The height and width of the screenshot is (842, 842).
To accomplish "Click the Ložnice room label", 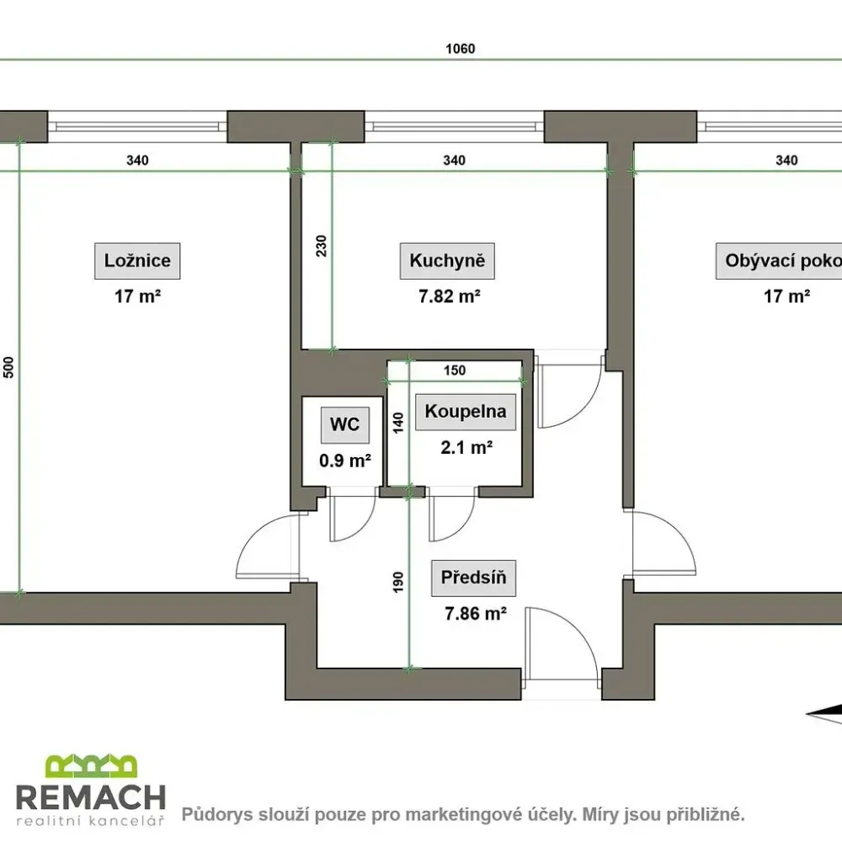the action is click(137, 261).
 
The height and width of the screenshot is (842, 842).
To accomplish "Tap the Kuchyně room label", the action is click(447, 261).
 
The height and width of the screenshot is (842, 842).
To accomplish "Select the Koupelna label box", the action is click(466, 412).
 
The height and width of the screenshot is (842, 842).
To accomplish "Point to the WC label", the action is click(344, 424).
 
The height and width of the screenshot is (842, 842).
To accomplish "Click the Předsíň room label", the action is click(473, 578).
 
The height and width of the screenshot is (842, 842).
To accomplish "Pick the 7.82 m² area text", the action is click(450, 296).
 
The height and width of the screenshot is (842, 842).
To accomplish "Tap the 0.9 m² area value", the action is click(345, 461).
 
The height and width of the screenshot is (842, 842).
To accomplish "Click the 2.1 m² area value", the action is click(466, 447).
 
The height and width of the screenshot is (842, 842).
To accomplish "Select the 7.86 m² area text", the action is click(476, 614).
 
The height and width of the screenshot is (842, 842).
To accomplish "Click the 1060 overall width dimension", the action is click(461, 49).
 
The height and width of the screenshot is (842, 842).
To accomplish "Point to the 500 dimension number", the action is click(8, 367).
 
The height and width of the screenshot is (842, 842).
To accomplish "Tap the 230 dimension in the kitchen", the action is click(321, 246).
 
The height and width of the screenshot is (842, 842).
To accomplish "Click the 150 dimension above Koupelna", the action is click(455, 370).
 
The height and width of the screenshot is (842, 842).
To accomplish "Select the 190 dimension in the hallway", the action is click(398, 582).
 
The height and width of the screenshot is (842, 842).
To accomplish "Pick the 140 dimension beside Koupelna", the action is click(398, 423).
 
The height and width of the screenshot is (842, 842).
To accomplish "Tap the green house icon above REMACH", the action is click(91, 765).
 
